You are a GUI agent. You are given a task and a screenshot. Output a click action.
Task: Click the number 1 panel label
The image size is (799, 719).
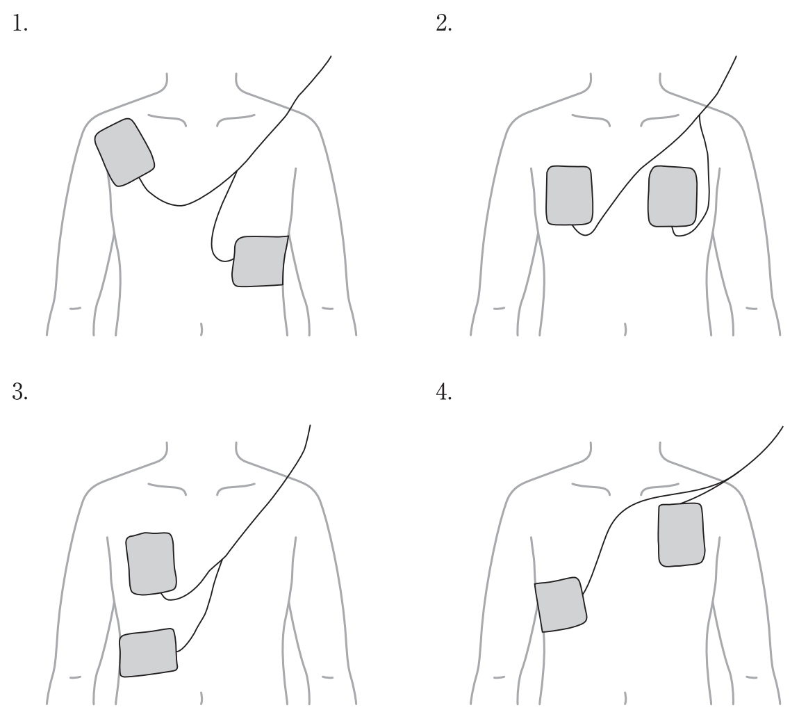(x=20, y=24)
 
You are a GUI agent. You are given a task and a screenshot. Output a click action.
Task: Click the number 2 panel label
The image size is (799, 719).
(x=444, y=24)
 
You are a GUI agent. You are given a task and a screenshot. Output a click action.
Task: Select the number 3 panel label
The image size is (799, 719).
(x=20, y=392)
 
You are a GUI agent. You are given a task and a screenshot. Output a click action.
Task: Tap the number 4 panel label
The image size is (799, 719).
(x=444, y=392)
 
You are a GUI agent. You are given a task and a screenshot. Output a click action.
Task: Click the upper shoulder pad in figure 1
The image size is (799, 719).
(x=125, y=152)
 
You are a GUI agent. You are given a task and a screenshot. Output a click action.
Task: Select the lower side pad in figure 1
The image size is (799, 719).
(x=261, y=261)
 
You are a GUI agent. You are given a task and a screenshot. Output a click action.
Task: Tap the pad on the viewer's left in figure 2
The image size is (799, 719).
(x=570, y=195)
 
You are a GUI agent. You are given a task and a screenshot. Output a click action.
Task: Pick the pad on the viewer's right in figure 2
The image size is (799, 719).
(x=673, y=196)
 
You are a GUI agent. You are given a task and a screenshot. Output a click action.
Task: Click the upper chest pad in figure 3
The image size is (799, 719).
(x=151, y=563)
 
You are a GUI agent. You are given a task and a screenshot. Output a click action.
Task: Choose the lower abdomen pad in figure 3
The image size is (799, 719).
(x=148, y=652)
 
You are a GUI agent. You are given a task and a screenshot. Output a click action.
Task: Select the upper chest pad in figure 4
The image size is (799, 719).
(x=682, y=535)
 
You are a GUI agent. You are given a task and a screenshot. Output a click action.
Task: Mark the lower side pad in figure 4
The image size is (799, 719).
(x=561, y=604)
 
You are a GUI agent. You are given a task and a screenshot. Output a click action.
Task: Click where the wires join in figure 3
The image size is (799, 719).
(x=223, y=559)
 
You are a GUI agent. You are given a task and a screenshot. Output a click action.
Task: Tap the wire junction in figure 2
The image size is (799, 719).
(x=700, y=114)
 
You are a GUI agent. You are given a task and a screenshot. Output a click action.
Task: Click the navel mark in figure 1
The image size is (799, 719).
(x=201, y=329)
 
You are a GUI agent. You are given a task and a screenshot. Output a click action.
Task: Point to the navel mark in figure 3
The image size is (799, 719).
(x=201, y=698)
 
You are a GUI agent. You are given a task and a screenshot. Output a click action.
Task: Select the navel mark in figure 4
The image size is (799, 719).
(x=625, y=698)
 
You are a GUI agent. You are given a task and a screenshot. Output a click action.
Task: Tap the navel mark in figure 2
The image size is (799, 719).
(x=625, y=329)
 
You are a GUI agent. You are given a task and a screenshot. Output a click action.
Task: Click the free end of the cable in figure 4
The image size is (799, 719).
(x=783, y=426)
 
